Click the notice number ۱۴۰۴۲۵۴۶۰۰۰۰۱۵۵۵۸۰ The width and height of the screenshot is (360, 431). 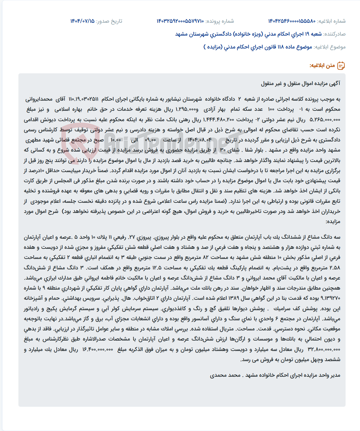pyautogui.click(x=292, y=21)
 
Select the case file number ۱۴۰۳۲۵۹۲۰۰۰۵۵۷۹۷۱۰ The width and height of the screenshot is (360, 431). pyautogui.click(x=180, y=21)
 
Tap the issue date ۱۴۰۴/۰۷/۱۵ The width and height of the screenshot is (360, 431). pyautogui.click(x=82, y=21)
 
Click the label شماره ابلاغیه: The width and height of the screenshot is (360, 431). pyautogui.click(x=331, y=21)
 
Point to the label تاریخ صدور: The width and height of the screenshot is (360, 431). pyautogui.click(x=109, y=21)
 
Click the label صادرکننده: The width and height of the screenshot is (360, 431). pyautogui.click(x=335, y=34)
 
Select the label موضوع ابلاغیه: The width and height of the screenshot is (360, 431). pyautogui.click(x=330, y=47)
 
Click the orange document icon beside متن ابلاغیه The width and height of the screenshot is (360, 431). pyautogui.click(x=341, y=66)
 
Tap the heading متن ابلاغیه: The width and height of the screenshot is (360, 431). pyautogui.click(x=322, y=66)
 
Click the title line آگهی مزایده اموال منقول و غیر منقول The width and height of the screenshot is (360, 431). pyautogui.click(x=301, y=83)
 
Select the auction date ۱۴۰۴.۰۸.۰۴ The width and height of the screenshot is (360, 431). pyautogui.click(x=200, y=140)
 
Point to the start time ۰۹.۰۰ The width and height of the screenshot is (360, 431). pyautogui.click(x=150, y=140)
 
